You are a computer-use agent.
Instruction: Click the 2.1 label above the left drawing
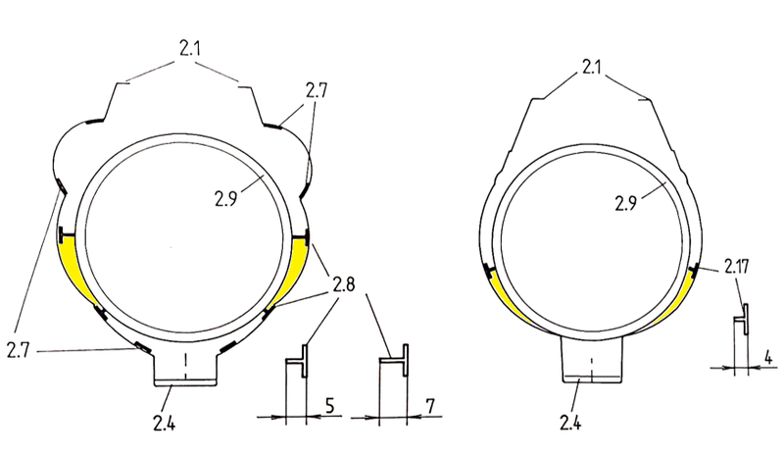point(189,49)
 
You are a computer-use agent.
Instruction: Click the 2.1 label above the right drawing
point(591,67)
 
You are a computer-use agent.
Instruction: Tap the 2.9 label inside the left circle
point(226,199)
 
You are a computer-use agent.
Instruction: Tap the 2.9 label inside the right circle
point(626,204)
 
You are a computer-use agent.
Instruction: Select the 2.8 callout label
point(344,284)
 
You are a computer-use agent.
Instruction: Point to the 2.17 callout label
point(737,267)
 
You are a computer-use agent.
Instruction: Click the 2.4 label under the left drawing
point(165,423)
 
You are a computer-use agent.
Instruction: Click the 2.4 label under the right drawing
point(570,423)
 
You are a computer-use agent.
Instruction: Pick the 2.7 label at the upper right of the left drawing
point(316,91)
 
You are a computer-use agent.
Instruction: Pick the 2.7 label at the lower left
point(18,350)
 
